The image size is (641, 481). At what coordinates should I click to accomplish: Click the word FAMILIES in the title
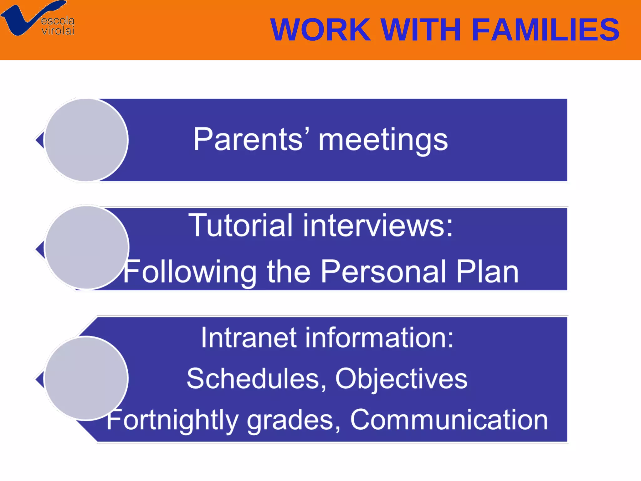pos(545,30)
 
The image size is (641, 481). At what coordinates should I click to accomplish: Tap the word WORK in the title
pos(320,30)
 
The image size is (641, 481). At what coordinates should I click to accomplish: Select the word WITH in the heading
pos(421,30)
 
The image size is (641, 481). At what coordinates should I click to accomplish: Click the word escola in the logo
pos(58,21)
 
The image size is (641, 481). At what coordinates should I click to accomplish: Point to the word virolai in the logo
pos(58,31)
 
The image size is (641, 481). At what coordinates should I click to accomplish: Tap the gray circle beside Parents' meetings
pos(86,140)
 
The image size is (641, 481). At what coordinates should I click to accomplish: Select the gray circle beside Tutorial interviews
pos(87,247)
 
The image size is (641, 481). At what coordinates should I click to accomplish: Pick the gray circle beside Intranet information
pos(86,378)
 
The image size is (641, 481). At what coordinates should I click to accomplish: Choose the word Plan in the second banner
pos(487,271)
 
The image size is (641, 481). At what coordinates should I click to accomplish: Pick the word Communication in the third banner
pos(449,420)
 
